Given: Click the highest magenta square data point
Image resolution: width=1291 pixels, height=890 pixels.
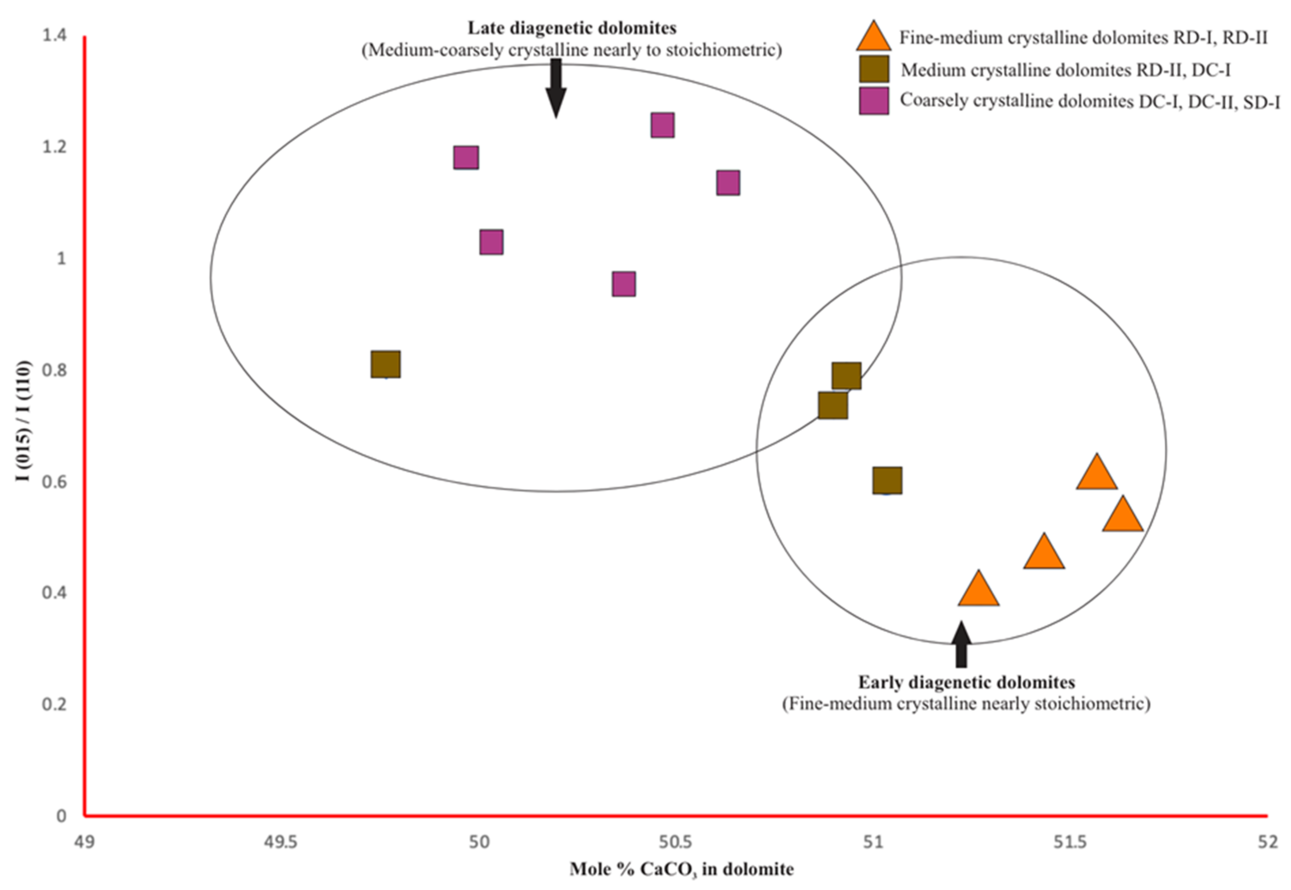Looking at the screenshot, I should [662, 125].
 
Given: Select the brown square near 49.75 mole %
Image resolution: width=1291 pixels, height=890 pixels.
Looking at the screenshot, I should [385, 364].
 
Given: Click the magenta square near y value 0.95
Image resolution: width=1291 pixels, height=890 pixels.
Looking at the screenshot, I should [624, 284].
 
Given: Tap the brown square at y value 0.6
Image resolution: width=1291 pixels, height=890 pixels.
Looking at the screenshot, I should [887, 480].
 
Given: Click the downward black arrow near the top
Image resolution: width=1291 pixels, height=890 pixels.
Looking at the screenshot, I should [556, 89].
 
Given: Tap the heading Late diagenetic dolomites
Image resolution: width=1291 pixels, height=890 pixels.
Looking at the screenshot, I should [572, 28].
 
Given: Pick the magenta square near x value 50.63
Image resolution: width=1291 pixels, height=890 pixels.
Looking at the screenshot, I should [728, 183].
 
